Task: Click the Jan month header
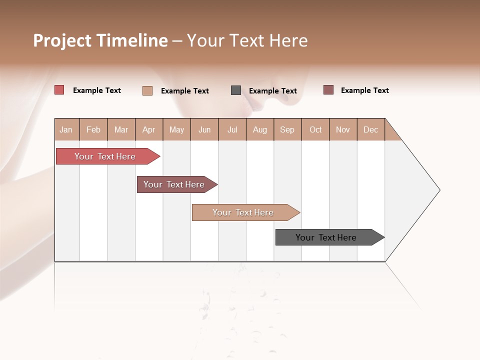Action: point(66,129)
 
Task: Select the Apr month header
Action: point(149,129)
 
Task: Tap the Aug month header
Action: point(259,129)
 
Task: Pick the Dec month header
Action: point(370,129)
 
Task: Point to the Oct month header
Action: point(315,129)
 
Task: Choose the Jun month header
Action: point(204,129)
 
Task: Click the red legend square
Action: point(59,90)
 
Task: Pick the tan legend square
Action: point(147,90)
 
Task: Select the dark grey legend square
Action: point(235,90)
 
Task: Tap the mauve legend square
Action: point(328,90)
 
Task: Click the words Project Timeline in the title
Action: point(100,40)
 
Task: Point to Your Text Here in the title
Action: point(247,40)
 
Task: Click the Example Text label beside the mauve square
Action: point(364,90)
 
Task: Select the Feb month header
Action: point(93,129)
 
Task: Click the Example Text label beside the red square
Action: point(96,90)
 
